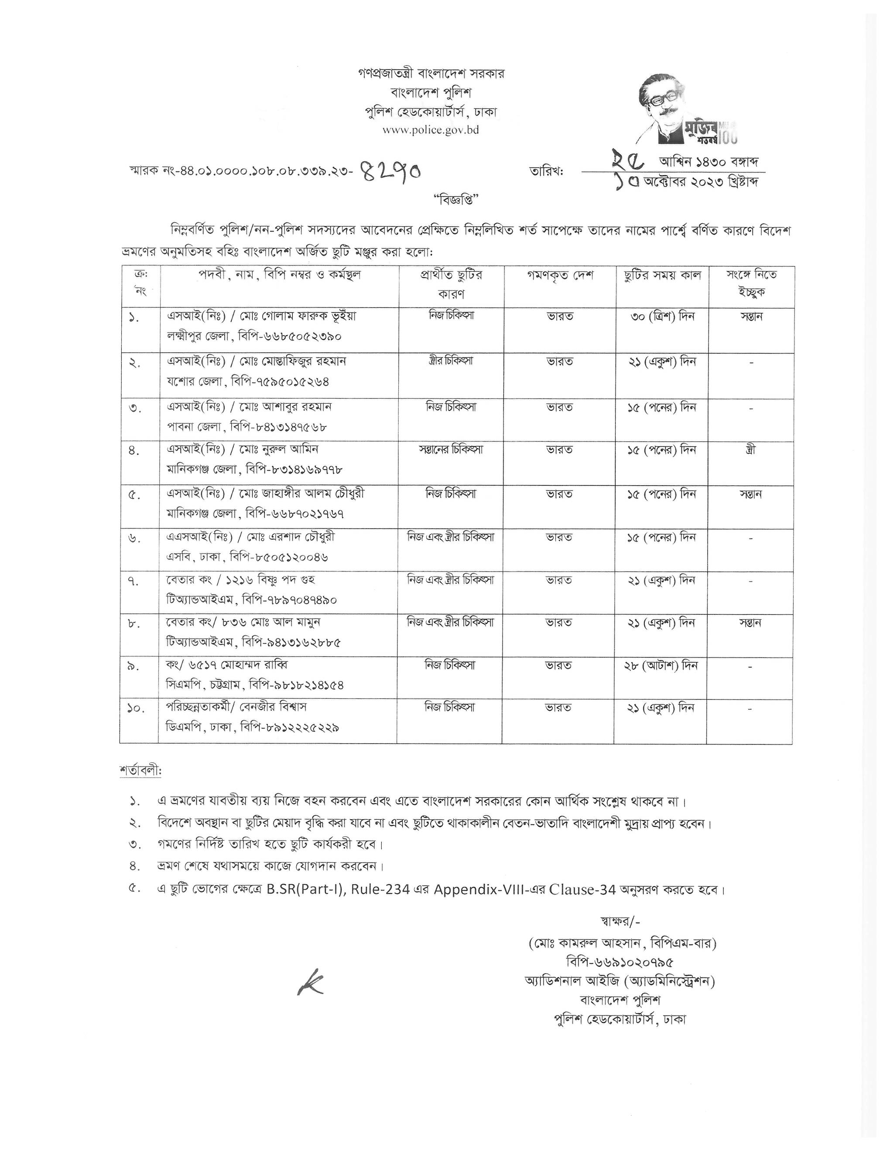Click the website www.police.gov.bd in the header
point(430,129)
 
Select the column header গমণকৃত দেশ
point(560,276)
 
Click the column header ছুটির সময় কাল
point(662,276)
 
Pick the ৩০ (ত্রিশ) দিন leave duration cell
point(662,317)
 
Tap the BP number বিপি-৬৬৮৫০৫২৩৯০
point(290,336)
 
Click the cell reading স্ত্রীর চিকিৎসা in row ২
point(451,361)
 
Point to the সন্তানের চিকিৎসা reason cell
point(451,450)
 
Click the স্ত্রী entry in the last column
point(751,450)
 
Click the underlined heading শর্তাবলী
point(140,770)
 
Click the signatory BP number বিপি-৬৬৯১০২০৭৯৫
point(620,962)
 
